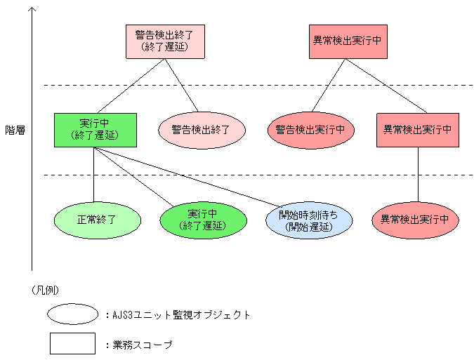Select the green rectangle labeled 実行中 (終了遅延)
click(x=96, y=130)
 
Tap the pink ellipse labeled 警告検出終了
click(x=201, y=130)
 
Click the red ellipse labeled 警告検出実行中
click(x=310, y=130)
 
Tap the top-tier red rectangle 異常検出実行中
click(x=347, y=41)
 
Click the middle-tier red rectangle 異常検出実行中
click(x=417, y=130)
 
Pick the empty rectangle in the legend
click(x=72, y=344)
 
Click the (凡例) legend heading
click(x=45, y=289)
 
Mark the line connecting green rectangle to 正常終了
click(x=94, y=175)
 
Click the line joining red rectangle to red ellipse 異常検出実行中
click(x=418, y=175)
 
